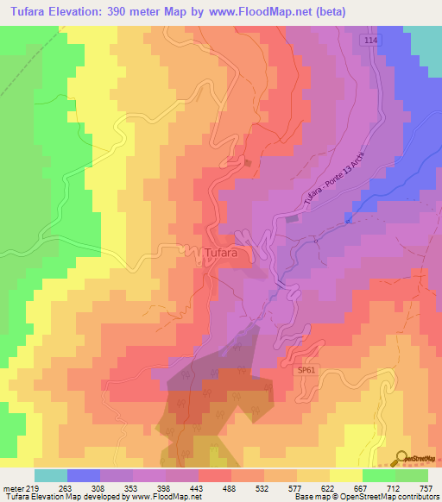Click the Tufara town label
coord(226,253)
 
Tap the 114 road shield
coord(370,41)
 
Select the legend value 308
coord(100,488)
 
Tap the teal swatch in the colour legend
coord(51,475)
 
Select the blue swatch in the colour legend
coord(84,475)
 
